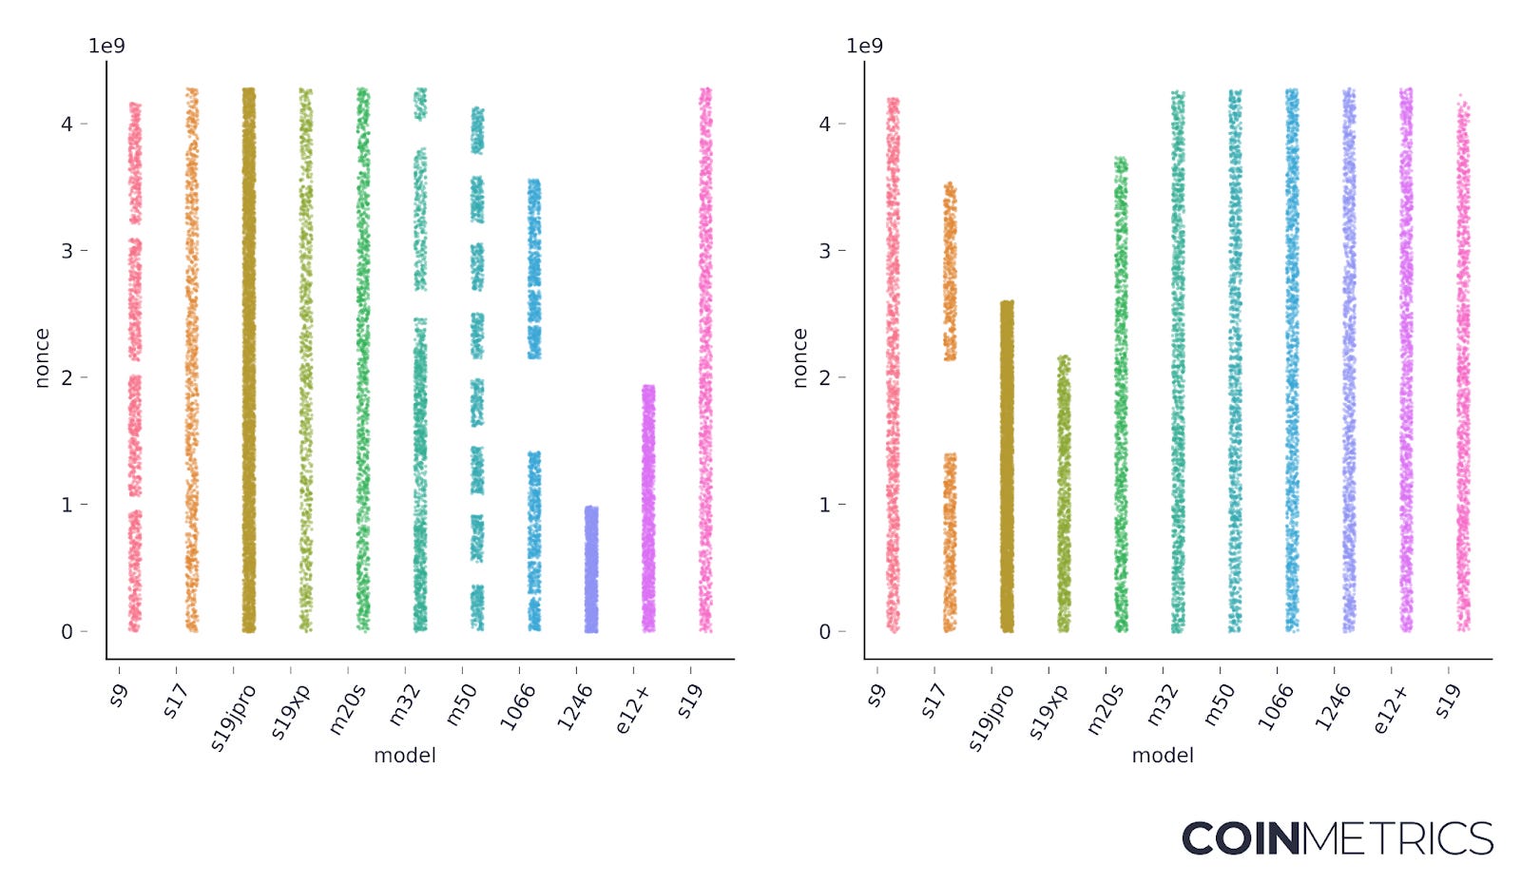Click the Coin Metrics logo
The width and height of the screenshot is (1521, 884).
1337,838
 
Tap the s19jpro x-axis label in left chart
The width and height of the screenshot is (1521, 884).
233,718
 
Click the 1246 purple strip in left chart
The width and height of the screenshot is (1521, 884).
591,570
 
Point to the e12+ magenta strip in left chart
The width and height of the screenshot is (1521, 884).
648,509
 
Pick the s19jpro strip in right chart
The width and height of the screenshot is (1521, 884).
1007,466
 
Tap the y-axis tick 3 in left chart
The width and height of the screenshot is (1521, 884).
67,251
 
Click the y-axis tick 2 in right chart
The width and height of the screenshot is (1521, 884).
824,378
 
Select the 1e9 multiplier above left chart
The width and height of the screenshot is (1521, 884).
106,46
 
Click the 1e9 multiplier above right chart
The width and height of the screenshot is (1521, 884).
864,46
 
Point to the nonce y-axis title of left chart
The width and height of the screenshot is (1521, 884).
41,358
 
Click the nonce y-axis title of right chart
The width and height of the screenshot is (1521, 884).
799,358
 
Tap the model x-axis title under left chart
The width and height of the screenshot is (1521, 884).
405,756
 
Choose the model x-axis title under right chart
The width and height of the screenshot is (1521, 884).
1163,756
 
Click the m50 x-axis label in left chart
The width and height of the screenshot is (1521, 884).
462,705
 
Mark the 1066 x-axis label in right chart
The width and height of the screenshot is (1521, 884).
1276,707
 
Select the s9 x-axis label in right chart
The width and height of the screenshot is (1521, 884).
876,696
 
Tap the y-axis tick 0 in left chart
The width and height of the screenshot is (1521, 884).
67,632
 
